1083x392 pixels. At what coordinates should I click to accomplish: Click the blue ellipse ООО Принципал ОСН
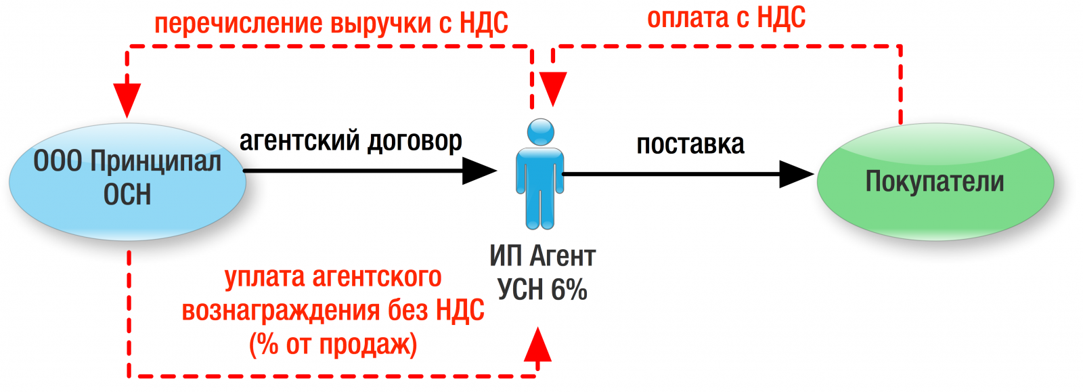[128, 181]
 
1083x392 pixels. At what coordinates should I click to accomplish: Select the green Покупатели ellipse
[935, 181]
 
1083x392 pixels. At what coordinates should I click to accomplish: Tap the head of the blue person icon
[541, 132]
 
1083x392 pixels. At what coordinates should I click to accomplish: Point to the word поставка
[690, 144]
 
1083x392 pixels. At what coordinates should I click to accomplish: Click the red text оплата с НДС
[726, 18]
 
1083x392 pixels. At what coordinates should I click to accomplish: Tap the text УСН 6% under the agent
[542, 289]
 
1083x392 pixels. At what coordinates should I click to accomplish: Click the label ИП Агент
[542, 256]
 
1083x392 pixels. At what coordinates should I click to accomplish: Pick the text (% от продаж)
[333, 345]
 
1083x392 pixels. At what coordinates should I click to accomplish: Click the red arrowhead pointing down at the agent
[553, 89]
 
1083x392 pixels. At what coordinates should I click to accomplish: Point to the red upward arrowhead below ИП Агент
[537, 344]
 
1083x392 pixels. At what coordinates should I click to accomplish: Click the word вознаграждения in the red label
[282, 311]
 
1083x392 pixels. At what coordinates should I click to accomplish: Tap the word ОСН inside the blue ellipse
[127, 194]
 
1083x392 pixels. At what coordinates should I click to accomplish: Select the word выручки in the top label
[381, 23]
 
